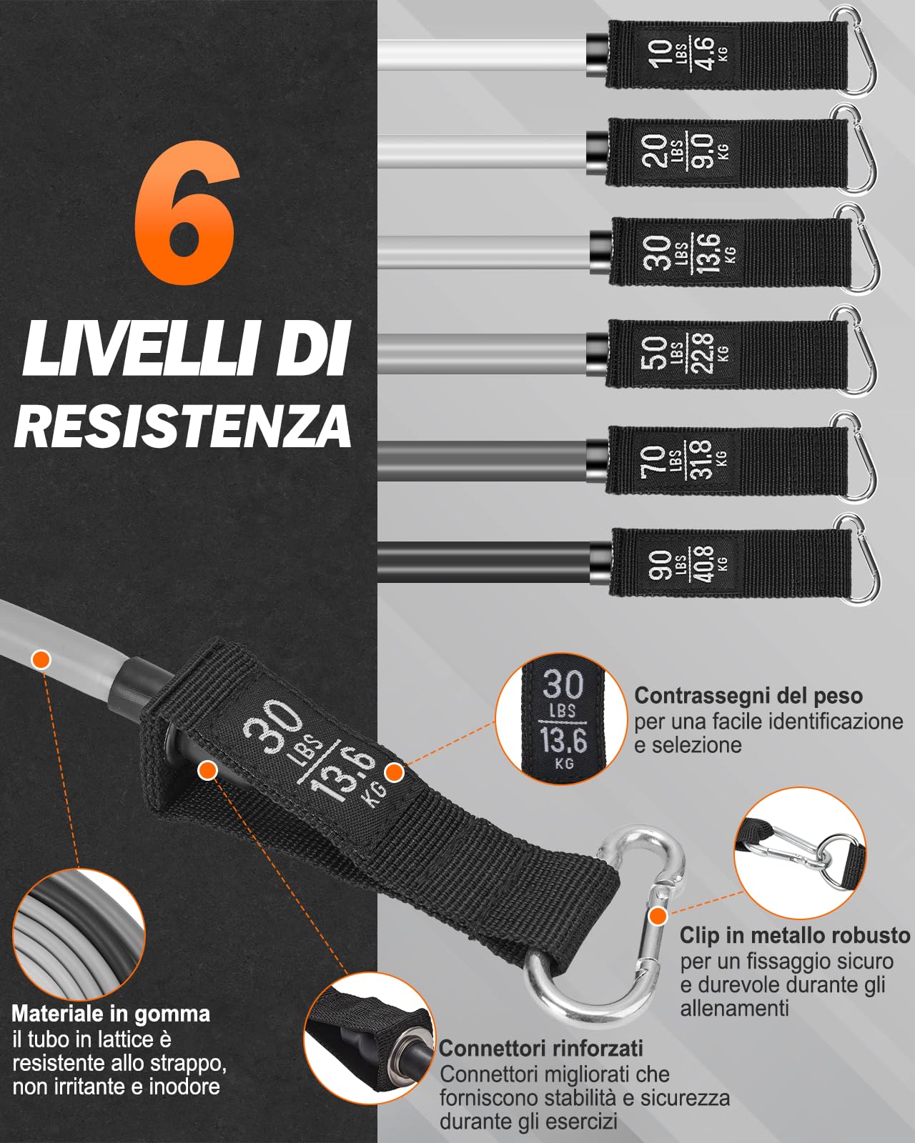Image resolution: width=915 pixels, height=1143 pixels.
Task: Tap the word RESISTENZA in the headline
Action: (183, 426)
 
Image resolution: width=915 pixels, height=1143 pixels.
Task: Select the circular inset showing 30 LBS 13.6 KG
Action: (563, 719)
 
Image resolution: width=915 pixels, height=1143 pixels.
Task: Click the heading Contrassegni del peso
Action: (748, 696)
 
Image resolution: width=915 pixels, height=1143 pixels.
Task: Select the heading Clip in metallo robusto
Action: (795, 935)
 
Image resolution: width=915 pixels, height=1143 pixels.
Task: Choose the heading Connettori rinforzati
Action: (541, 1048)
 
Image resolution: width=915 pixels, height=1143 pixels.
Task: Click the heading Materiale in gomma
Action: (111, 1014)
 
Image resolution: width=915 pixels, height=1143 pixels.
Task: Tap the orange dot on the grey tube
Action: (41, 659)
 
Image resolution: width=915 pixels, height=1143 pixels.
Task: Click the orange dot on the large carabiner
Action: (658, 915)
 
